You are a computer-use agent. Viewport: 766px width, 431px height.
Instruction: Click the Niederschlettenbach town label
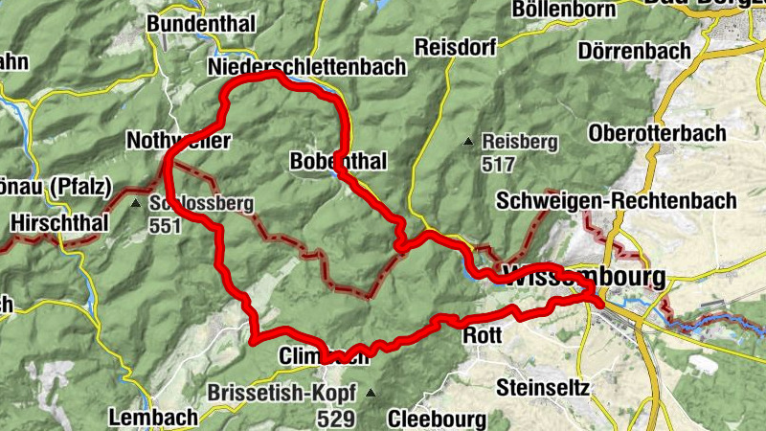pyautogui.click(x=306, y=67)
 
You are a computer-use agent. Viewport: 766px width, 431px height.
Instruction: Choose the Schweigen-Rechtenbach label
pyautogui.click(x=617, y=201)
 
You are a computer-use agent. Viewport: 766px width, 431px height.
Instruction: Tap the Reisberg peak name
pyautogui.click(x=520, y=142)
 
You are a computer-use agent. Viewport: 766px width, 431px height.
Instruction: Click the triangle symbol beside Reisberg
pyautogui.click(x=468, y=143)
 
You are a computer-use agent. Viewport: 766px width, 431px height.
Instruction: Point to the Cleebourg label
pyautogui.click(x=437, y=419)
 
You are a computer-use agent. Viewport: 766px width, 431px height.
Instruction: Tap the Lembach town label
pyautogui.click(x=153, y=417)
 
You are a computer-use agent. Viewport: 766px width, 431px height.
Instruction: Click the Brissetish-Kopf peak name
pyautogui.click(x=282, y=393)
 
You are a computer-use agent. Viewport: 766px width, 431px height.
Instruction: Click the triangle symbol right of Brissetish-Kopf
pyautogui.click(x=370, y=393)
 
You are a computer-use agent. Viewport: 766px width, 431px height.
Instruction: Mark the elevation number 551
pyautogui.click(x=165, y=226)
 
